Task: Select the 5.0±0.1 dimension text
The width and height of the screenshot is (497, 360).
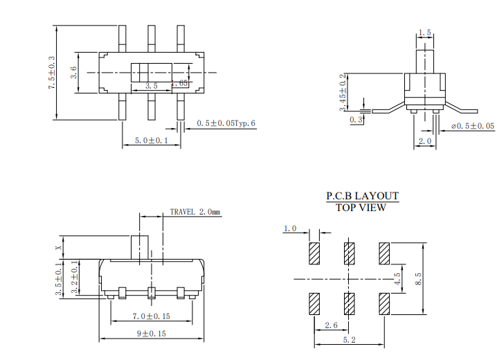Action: coord(151,141)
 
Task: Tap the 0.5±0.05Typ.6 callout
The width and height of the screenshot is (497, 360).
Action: coord(226,123)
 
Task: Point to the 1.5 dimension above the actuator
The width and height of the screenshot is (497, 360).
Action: coord(425,33)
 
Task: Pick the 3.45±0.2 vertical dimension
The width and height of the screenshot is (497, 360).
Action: coord(343,93)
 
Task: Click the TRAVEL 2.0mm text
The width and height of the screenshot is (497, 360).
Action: coord(195,212)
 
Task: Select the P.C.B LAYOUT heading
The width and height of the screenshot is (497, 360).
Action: coord(362,196)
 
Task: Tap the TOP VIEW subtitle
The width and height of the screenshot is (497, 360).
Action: coord(361,208)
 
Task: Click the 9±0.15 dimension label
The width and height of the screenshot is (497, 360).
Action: coord(152,334)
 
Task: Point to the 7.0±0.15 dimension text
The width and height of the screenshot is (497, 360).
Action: coord(152,316)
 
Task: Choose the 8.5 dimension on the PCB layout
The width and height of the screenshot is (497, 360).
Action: coord(418,279)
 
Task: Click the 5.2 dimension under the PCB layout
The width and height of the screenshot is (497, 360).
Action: coord(349,340)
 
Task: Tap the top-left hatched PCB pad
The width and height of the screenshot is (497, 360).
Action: coord(314,253)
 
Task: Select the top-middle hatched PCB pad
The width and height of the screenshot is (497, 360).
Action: coord(350,253)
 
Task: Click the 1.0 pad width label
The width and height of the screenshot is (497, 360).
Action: coord(290,228)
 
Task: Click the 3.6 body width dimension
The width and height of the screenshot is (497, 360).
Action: coord(74,72)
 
